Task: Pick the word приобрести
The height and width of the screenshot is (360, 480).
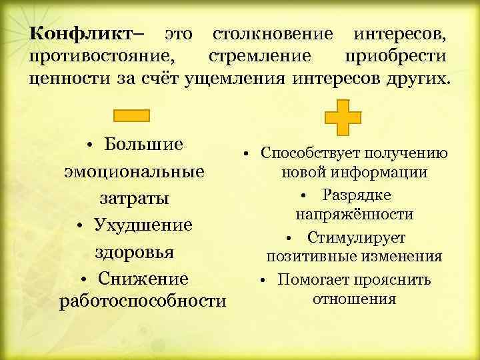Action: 396,56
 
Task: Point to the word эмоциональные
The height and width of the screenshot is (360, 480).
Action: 134,171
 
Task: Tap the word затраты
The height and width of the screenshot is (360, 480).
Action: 134,198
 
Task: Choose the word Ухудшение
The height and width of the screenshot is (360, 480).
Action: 143,225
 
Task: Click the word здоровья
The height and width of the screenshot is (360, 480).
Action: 134,252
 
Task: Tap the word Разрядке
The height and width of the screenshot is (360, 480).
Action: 357,195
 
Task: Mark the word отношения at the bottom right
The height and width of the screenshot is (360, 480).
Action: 354,298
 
